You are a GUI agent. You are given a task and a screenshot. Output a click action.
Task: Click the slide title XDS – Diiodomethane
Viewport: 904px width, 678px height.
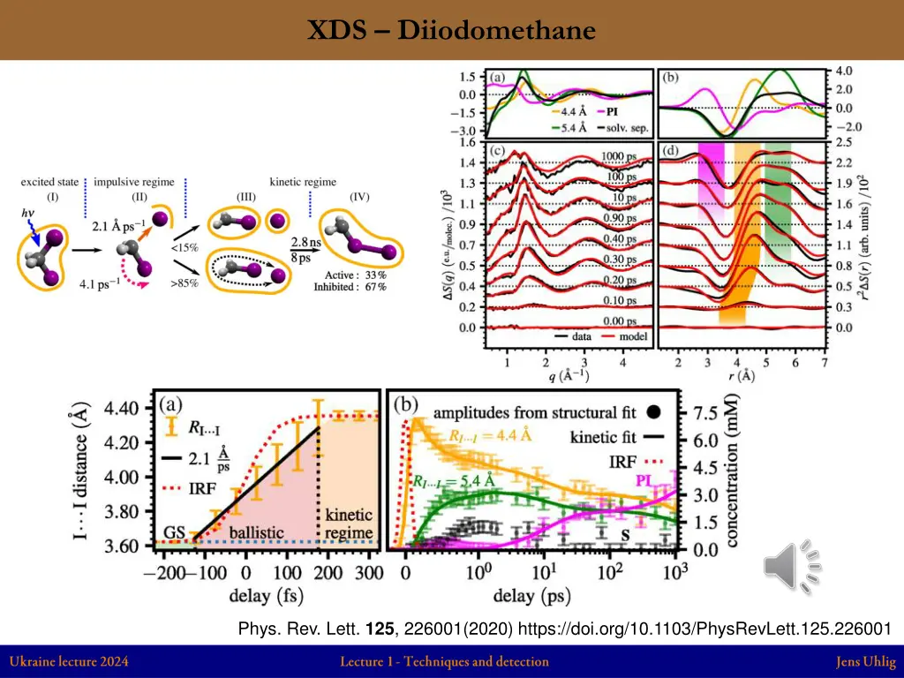pos(451,31)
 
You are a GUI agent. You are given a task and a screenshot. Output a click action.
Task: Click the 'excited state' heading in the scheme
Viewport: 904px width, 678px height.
pos(50,182)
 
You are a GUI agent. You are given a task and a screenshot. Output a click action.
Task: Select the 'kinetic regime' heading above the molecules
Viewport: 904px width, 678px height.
pos(303,182)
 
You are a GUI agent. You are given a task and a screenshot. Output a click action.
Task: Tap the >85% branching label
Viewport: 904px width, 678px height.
pos(185,283)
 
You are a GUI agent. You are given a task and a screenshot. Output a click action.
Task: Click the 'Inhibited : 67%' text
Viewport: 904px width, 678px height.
pos(350,287)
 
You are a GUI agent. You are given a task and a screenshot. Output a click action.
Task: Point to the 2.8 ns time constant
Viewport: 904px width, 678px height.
pos(308,241)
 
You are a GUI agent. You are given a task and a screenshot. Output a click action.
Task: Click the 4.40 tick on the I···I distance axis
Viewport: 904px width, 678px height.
pos(122,409)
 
